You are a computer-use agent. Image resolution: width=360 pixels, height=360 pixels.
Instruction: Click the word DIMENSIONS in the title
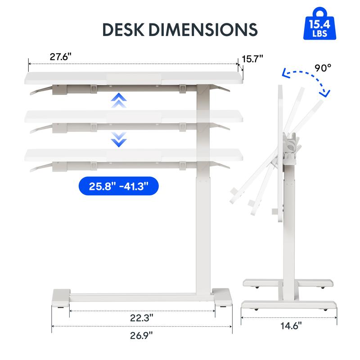(207, 29)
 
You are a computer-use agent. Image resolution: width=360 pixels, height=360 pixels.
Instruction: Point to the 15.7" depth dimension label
(252, 59)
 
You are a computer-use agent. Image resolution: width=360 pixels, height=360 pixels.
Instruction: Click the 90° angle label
(323, 68)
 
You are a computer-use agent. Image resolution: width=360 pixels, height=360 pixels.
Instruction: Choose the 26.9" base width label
(141, 335)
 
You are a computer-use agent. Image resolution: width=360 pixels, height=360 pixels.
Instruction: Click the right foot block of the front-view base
(222, 297)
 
